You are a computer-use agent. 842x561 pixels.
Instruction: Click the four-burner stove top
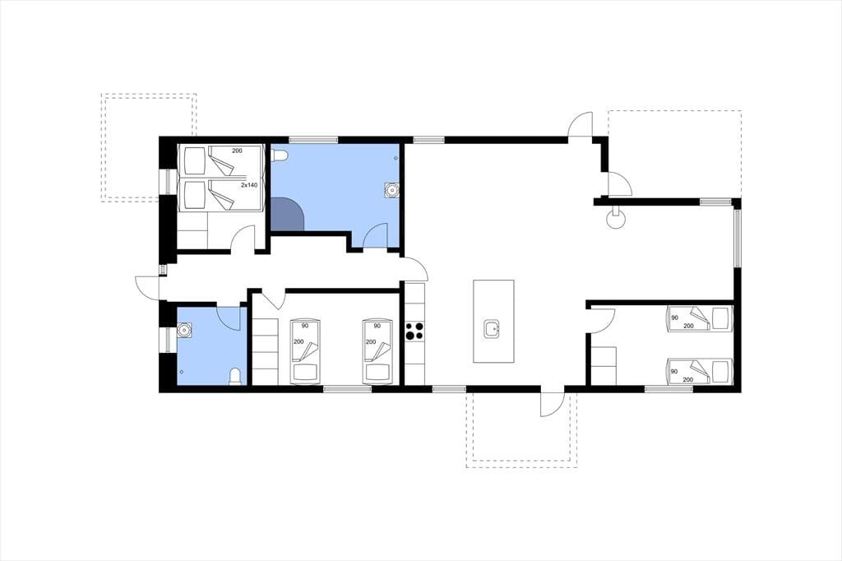[x=414, y=331]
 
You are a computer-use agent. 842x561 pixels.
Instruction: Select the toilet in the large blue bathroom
[x=281, y=155]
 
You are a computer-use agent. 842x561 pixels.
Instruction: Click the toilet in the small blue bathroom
[x=235, y=377]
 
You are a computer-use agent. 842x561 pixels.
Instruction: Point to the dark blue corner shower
[x=286, y=214]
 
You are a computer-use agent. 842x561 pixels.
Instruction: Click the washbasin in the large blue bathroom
[x=392, y=190]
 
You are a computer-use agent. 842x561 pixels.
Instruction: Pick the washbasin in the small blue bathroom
[x=184, y=329]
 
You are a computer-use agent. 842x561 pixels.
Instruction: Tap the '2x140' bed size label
[x=249, y=185]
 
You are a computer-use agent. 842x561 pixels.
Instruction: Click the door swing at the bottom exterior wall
[x=552, y=404]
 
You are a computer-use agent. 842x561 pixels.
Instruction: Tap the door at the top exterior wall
[x=581, y=125]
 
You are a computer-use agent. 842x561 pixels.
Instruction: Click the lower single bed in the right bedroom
[x=700, y=372]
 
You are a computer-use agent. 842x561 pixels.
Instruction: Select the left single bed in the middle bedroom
[x=305, y=352]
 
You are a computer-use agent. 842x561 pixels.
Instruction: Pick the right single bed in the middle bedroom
[x=377, y=352]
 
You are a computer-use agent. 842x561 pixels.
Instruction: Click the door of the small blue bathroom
[x=229, y=318]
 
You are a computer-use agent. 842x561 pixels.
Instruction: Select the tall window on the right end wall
[x=738, y=238]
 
